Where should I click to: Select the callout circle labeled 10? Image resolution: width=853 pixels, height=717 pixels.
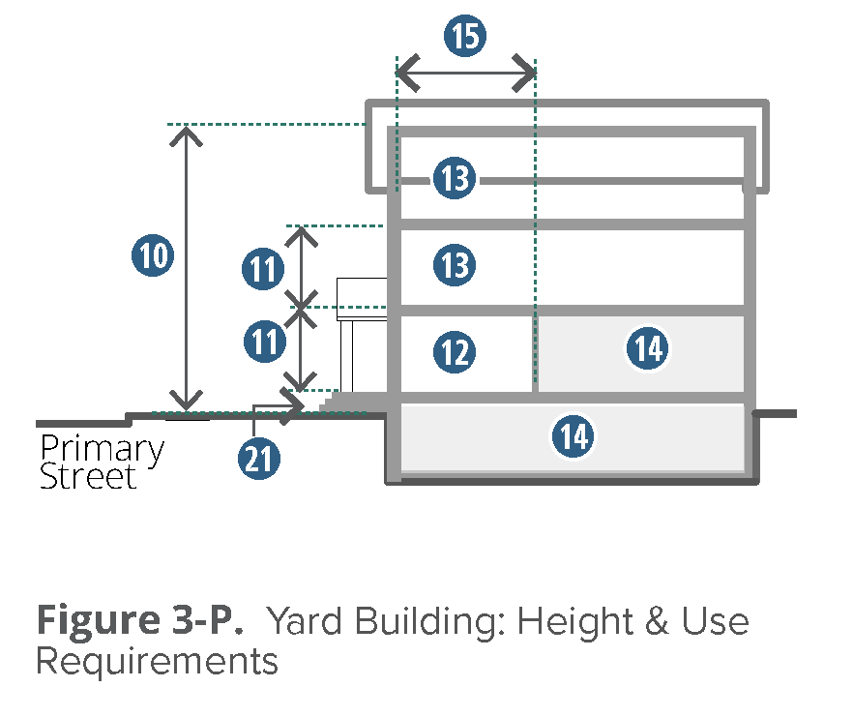click(x=152, y=256)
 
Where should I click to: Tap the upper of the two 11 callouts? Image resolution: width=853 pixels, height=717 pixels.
click(x=262, y=270)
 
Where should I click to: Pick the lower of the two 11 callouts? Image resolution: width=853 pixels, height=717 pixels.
click(x=262, y=342)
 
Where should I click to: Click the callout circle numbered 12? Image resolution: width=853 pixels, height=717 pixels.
click(x=455, y=351)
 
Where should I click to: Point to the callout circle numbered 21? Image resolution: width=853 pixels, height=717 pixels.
click(x=258, y=459)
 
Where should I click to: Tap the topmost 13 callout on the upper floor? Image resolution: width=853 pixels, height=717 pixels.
click(x=455, y=179)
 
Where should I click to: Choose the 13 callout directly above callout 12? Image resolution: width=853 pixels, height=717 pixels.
click(x=455, y=264)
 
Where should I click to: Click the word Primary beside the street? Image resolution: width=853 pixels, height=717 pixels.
click(x=103, y=450)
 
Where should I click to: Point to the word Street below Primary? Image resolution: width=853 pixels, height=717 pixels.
click(x=88, y=477)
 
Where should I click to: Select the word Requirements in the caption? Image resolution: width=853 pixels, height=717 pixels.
click(x=157, y=662)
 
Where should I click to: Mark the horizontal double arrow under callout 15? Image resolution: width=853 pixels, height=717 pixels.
click(x=466, y=73)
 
